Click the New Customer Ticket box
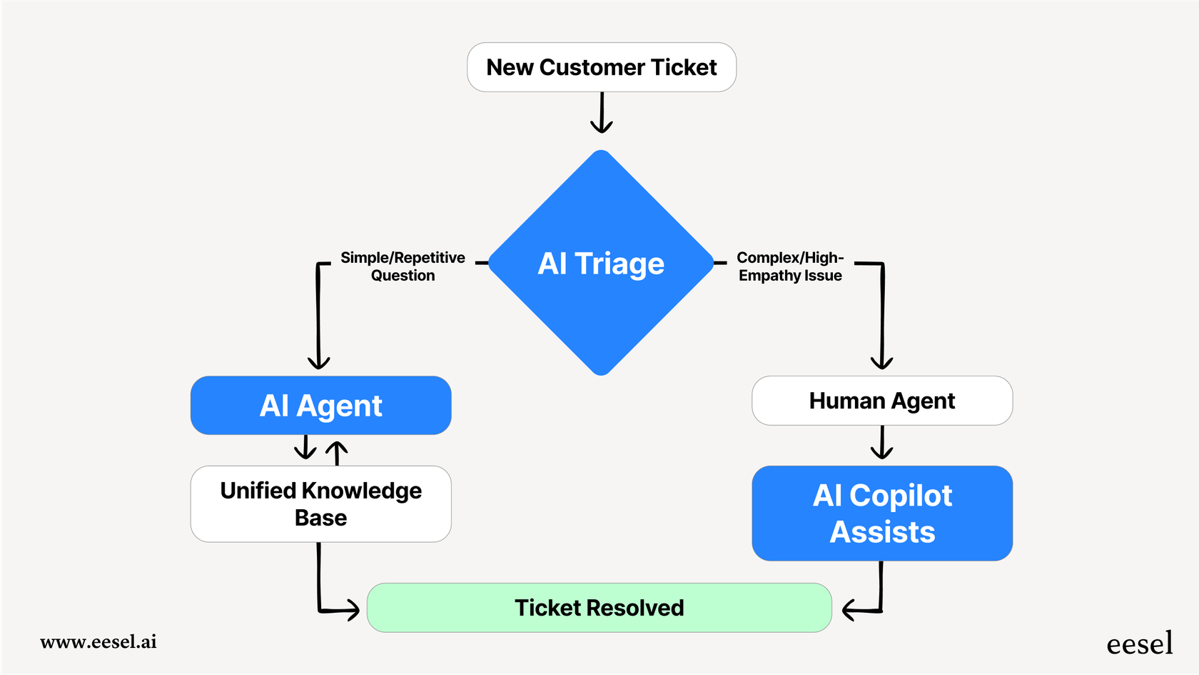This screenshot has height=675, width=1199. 602,67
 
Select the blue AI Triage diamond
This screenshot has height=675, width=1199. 601,263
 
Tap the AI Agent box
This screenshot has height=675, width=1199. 320,406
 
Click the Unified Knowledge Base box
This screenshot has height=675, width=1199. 320,504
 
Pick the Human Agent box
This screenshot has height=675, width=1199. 882,401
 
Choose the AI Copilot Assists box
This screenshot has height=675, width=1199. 882,514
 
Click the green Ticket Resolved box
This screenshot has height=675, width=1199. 599,608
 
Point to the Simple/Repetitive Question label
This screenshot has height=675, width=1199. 403,266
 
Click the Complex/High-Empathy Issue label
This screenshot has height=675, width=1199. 790,266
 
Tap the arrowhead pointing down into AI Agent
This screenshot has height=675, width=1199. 318,360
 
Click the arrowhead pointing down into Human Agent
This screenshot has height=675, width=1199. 882,360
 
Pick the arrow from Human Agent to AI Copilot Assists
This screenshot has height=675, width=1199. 882,444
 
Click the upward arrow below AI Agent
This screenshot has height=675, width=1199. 337,451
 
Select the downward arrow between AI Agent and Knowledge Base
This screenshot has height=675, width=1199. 305,448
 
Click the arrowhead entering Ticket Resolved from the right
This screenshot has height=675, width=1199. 849,610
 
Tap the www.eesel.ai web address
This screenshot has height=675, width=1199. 98,641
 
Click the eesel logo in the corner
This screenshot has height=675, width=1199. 1139,644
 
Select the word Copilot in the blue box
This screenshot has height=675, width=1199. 901,496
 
